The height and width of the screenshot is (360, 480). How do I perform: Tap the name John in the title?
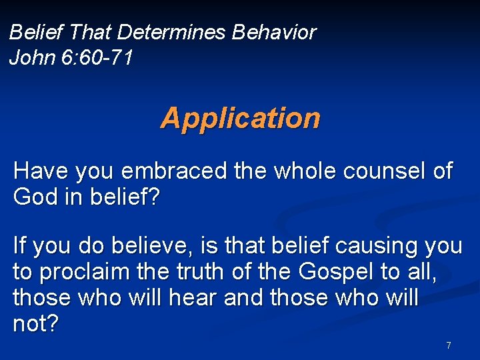[30, 58]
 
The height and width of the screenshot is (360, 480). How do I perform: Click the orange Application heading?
[240, 118]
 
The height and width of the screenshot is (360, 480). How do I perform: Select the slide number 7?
[448, 345]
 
